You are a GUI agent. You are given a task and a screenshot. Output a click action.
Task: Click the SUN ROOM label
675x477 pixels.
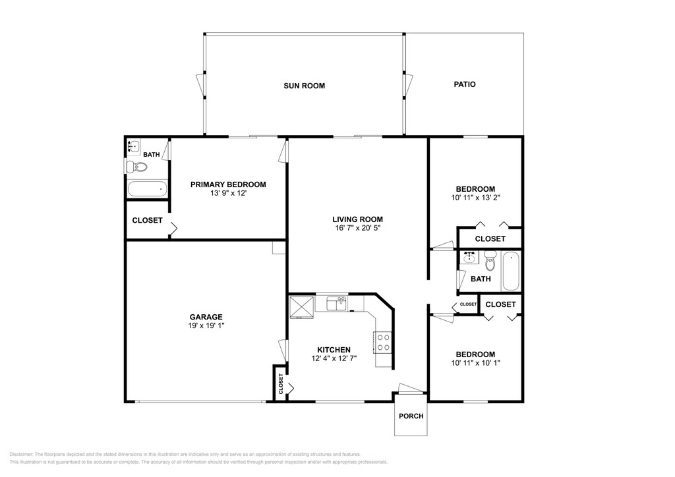(304, 86)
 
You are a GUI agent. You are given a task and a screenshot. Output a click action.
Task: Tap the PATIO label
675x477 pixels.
(465, 84)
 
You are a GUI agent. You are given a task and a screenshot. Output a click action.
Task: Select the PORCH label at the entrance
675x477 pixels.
(411, 416)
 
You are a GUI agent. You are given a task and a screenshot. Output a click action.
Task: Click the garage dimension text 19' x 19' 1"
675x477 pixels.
(206, 325)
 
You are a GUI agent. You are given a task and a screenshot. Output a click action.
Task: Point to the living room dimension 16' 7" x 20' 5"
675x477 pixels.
(357, 227)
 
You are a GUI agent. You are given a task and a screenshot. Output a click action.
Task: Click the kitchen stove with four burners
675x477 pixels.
(383, 343)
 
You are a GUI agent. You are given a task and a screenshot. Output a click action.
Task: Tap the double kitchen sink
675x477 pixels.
(336, 304)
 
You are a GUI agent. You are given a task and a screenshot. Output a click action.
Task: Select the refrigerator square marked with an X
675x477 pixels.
(301, 306)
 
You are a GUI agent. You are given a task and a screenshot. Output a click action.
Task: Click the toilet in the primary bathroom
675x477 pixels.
(136, 167)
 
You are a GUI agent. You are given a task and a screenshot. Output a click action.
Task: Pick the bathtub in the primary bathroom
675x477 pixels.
(147, 189)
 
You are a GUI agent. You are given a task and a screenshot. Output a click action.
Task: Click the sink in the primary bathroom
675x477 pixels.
(134, 146)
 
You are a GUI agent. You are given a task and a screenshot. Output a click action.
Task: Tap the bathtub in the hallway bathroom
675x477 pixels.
(512, 271)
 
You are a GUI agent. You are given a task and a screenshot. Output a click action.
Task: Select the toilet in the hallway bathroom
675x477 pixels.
(490, 260)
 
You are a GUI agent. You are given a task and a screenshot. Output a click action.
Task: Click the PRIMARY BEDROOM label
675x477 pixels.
(228, 184)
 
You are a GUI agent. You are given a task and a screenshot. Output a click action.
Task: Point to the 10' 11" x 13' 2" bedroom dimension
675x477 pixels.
(475, 198)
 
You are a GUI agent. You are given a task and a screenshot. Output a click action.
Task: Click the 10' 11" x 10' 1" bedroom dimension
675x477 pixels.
(475, 362)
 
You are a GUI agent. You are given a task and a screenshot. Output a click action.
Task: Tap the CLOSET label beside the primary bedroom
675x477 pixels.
(147, 220)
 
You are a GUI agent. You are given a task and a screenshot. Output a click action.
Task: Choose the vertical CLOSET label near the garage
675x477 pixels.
(281, 383)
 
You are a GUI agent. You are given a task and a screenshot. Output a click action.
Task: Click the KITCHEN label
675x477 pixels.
(334, 350)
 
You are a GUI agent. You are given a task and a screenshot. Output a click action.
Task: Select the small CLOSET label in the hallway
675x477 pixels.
(468, 304)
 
